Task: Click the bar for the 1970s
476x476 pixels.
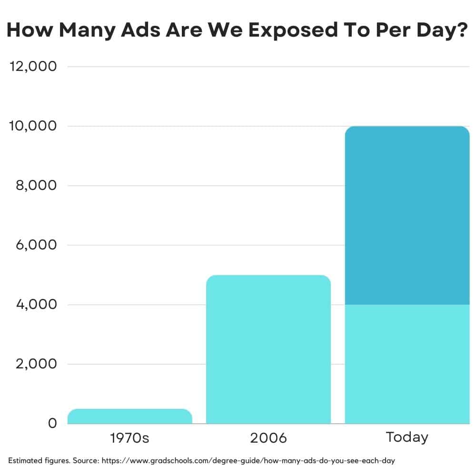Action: [129, 416]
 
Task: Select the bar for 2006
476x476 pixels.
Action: [268, 349]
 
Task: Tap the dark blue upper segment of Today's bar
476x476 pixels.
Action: [407, 215]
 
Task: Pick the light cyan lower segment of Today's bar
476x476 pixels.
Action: [407, 364]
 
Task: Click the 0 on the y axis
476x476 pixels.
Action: [52, 423]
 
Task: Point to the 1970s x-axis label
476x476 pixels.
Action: [129, 438]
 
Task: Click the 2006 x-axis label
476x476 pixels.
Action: [268, 438]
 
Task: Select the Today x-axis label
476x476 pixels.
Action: [407, 437]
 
